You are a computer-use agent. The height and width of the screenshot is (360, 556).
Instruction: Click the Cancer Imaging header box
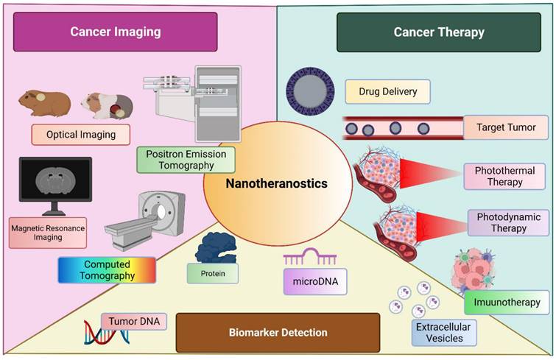tap(116, 32)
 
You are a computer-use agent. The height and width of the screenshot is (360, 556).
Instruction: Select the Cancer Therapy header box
tap(439, 32)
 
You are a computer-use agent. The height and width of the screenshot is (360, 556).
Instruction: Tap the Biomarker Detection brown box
tap(278, 332)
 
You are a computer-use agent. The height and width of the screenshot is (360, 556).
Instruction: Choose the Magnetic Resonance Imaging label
tap(48, 233)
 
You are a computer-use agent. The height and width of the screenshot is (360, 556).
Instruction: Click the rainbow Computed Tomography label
tap(107, 270)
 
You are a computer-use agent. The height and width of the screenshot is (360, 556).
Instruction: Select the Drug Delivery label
tap(387, 92)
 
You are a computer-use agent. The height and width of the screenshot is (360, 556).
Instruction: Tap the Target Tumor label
tap(506, 127)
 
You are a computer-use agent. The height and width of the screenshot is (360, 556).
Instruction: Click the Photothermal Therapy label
tap(504, 176)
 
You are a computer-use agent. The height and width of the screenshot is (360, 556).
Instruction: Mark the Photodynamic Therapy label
tap(508, 222)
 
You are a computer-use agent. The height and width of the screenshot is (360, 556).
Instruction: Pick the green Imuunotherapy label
tap(507, 302)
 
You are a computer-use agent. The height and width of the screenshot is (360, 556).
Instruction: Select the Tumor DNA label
tap(134, 321)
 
